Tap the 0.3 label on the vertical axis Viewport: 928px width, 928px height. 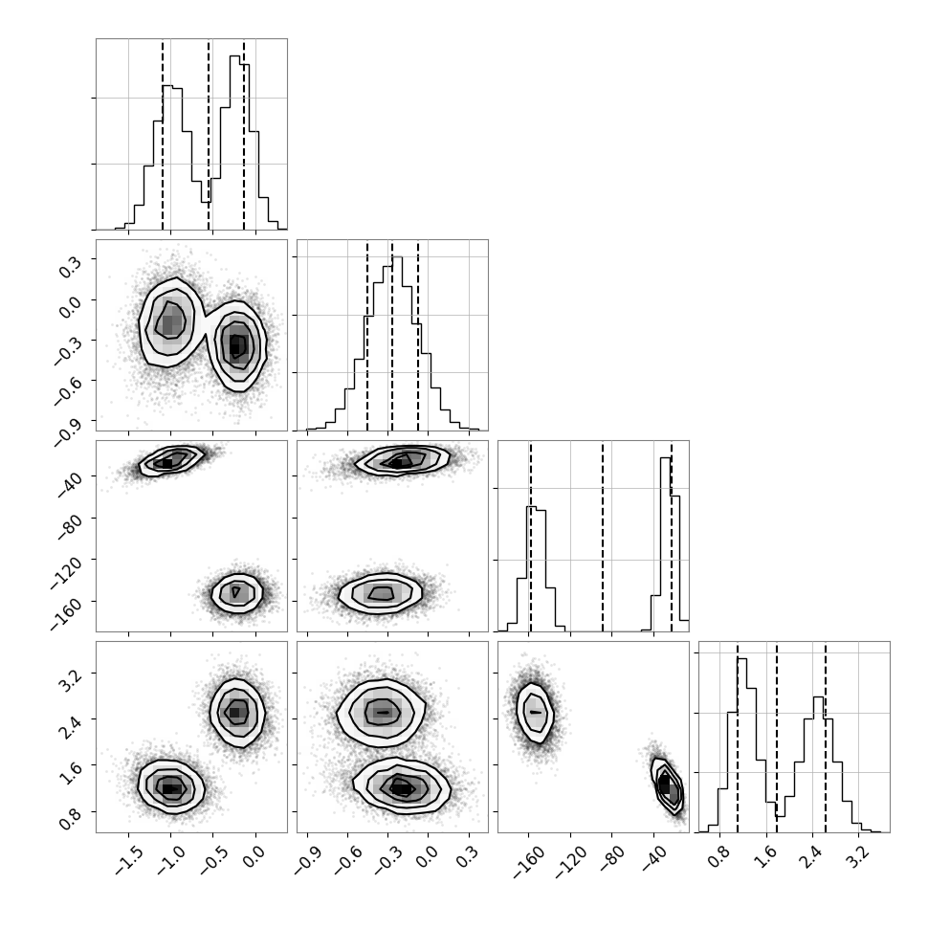[71, 267]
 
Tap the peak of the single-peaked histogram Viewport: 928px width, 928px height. [397, 256]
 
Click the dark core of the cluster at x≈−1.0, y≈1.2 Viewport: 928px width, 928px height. [170, 788]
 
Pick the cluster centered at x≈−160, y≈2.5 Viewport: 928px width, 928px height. [535, 712]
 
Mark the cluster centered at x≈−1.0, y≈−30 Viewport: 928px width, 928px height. [171, 459]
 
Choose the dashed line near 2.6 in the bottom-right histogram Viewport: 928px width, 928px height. [825, 738]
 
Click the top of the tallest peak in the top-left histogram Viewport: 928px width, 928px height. [235, 56]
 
